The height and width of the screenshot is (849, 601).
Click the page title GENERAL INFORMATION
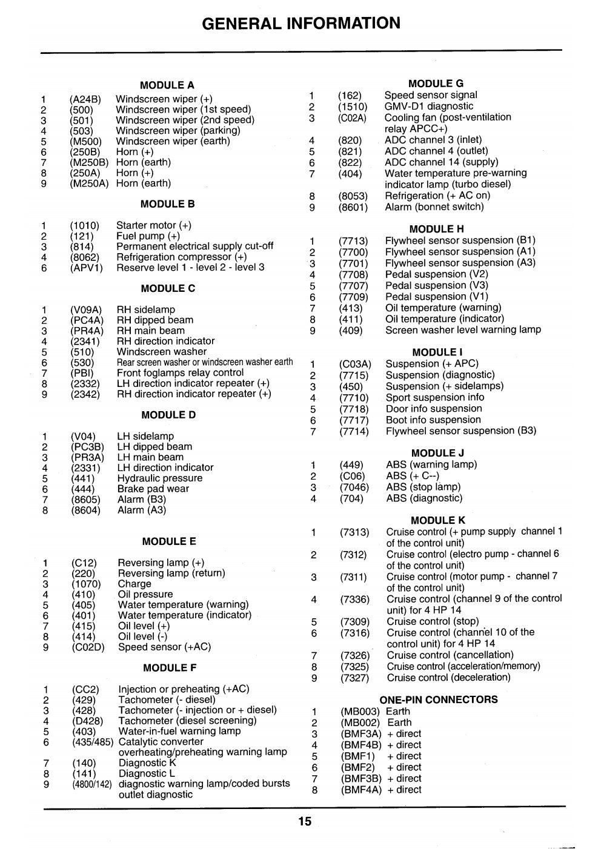click(300, 23)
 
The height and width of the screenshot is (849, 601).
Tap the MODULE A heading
click(167, 85)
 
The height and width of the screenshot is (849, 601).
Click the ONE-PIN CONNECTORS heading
click(439, 699)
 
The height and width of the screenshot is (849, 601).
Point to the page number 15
click(304, 822)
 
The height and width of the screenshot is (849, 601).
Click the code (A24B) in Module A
click(85, 99)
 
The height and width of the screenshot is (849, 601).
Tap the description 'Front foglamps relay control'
click(180, 373)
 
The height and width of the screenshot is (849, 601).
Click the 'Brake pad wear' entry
click(153, 489)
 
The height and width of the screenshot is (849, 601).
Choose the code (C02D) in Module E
click(88, 647)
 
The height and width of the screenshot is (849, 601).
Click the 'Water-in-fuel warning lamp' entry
click(179, 731)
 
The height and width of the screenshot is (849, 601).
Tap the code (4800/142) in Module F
click(91, 784)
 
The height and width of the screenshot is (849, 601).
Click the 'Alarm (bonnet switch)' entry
click(434, 207)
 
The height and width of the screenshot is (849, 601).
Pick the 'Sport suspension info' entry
click(434, 397)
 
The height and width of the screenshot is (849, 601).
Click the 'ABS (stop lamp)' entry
click(423, 487)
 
